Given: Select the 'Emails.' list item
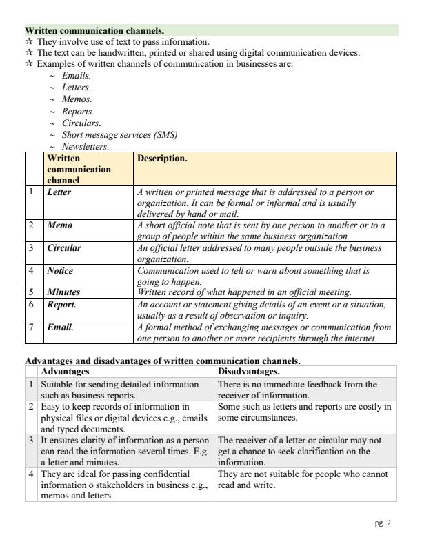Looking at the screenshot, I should point(76,75).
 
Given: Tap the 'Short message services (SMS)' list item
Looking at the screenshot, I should point(115,134).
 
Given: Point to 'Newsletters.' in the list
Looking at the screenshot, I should point(86,147).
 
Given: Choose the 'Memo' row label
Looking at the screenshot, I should point(59,225).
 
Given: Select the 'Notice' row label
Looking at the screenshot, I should point(60,271).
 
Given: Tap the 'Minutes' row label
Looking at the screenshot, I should point(63,292).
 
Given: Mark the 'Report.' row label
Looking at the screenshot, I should point(61,303).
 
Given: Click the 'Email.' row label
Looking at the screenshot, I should point(60,327).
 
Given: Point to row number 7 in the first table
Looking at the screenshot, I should point(31,327).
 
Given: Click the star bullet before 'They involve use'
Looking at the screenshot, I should point(29,42).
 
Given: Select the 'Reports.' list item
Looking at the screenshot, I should point(78,111).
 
